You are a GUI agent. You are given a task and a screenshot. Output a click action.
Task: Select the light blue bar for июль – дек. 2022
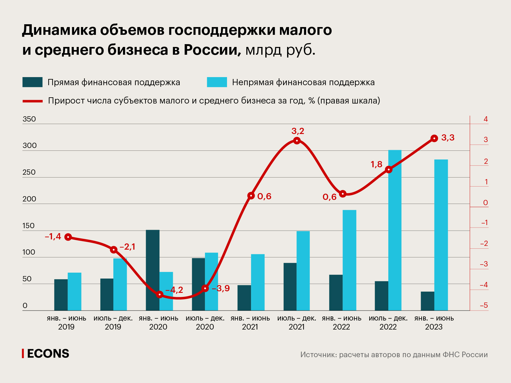click(395, 230)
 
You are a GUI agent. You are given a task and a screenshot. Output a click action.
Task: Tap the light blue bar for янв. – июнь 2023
click(441, 235)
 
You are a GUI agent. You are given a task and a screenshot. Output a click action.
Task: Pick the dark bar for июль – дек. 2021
click(290, 286)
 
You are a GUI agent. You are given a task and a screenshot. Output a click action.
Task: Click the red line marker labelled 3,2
click(297, 141)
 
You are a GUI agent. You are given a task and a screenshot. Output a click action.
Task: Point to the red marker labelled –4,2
click(159, 294)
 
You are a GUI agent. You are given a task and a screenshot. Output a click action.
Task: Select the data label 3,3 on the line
click(448, 137)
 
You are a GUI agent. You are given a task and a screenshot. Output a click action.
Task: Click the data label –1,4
click(53, 237)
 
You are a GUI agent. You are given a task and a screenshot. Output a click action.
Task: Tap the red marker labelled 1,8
click(388, 169)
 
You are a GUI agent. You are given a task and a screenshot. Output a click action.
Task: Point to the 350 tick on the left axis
click(29, 119)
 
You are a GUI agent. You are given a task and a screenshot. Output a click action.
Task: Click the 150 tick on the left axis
click(29, 226)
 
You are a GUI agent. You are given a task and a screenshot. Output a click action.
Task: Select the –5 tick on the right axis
click(484, 305)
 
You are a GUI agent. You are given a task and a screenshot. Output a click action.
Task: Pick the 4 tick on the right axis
click(485, 119)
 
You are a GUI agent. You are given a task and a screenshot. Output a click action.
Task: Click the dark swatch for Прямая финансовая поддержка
click(32, 82)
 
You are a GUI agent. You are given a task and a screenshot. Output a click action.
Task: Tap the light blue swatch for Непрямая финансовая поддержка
click(217, 82)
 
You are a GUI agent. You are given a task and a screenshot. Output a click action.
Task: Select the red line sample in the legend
click(32, 101)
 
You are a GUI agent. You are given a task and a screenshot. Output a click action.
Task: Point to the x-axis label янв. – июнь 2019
click(66, 322)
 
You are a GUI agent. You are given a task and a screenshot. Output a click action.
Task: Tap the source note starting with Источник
click(394, 354)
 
